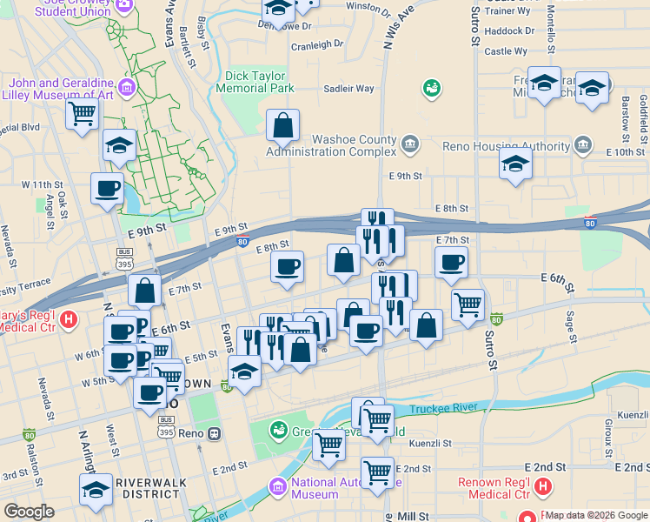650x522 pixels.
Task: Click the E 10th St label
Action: (625, 152)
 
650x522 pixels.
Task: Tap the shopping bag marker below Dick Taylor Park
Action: (283, 126)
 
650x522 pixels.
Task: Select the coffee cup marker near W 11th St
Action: (108, 188)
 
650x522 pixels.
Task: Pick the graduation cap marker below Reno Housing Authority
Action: (515, 163)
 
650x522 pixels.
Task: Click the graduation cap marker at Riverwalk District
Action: (96, 489)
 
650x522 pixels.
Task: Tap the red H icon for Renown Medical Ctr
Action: (543, 486)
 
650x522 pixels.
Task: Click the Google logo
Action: (29, 512)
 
